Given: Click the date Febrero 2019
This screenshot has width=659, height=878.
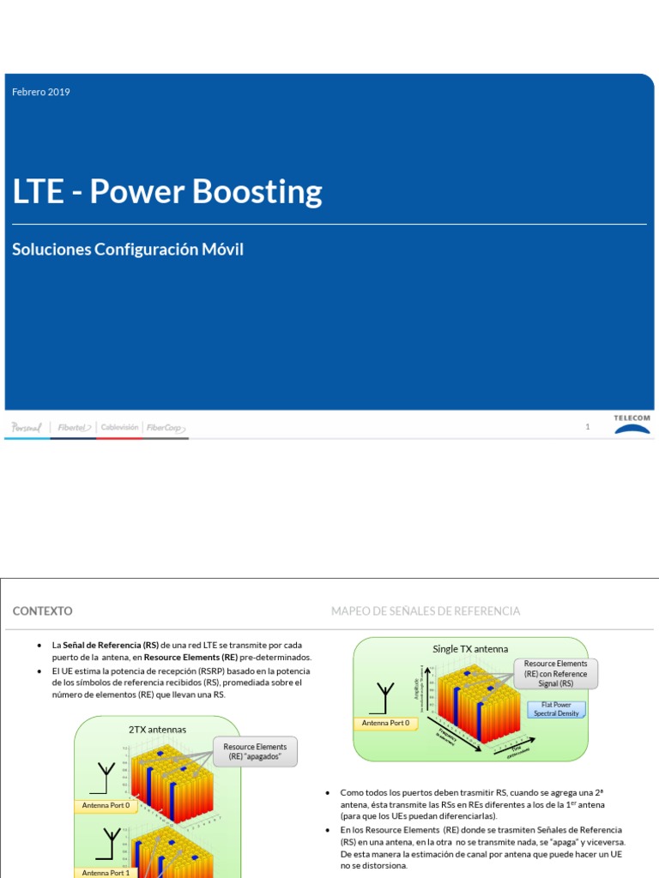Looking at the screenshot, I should point(41,92).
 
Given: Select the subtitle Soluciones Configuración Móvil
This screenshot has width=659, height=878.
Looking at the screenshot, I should point(128,250).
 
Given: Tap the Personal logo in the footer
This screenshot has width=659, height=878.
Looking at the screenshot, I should point(27,427).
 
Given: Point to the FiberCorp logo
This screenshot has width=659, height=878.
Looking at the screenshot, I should point(165,427).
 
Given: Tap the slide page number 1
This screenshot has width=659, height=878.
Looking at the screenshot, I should point(588,426).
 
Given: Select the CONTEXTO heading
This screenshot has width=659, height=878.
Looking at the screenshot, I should point(42,611).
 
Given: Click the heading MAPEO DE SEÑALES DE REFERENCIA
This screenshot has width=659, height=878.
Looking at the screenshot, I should point(426,611).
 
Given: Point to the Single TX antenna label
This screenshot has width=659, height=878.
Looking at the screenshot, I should point(470,649).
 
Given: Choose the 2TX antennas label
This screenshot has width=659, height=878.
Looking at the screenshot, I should point(157,730).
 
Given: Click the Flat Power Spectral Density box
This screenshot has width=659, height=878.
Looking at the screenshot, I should point(558,709).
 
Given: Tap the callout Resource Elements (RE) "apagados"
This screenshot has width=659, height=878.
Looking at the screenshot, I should point(255,751).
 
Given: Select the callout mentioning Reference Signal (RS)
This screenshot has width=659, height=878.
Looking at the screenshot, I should point(555,673).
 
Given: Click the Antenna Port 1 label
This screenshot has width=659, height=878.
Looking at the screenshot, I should point(106,872).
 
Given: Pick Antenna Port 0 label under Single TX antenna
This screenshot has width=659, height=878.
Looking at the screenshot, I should point(385,724).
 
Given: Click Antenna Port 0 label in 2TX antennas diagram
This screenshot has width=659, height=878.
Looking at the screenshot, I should point(106,806).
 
